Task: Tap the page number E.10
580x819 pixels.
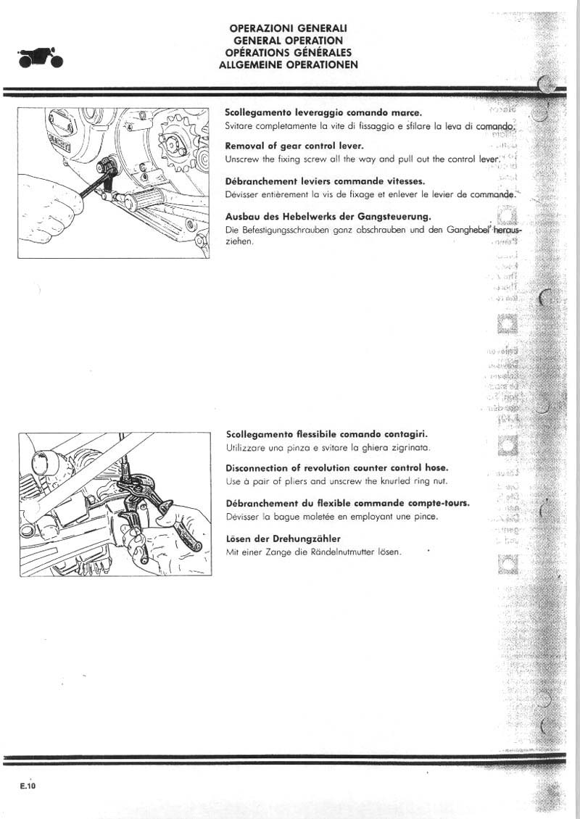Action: tap(28, 786)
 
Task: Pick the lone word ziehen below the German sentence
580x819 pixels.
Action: tap(239, 241)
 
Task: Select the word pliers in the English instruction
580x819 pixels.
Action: tap(287, 481)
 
